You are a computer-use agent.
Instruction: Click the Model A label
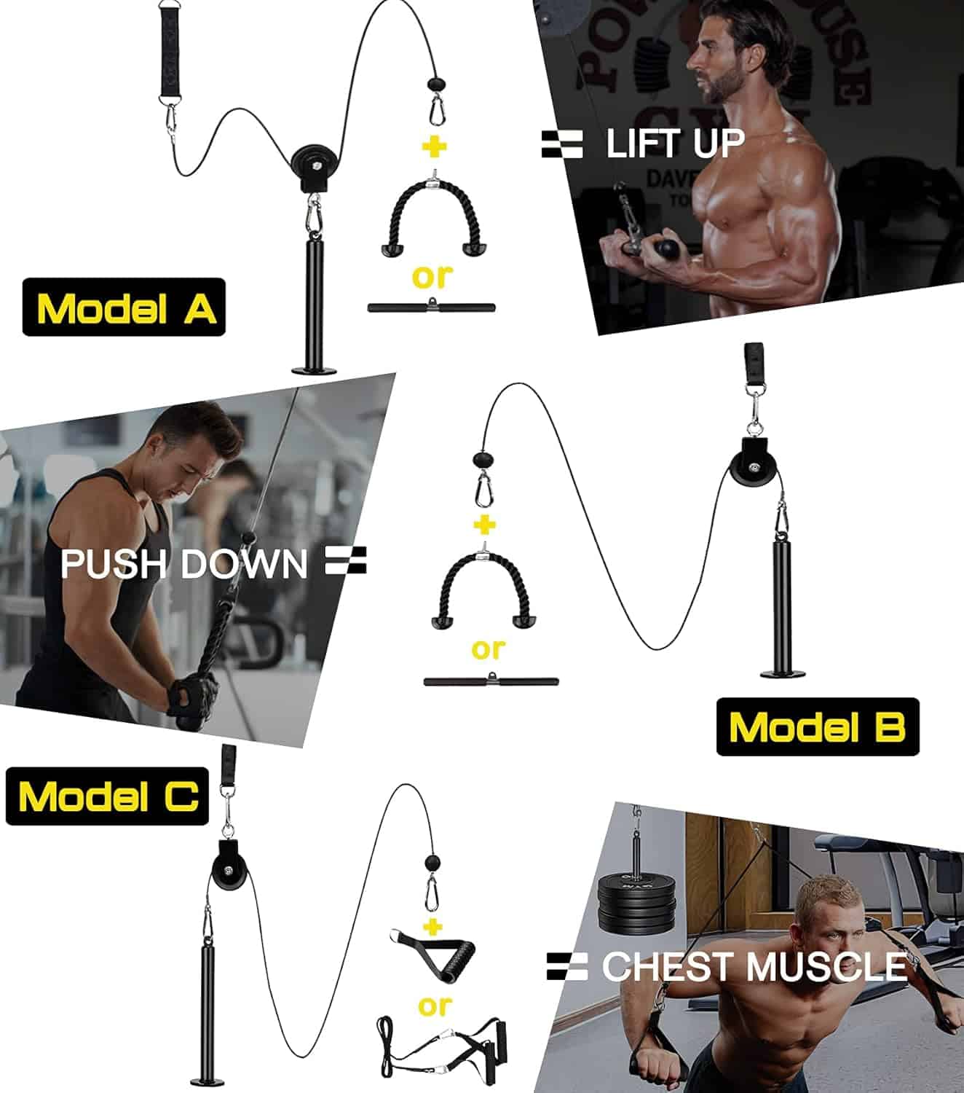[124, 307]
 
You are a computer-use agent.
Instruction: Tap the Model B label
[817, 727]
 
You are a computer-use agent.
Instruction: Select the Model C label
[108, 796]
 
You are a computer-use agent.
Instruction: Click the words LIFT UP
[674, 143]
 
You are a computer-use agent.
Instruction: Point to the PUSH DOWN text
[183, 564]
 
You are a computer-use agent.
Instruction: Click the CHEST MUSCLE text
[754, 967]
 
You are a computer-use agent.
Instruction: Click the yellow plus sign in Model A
[435, 147]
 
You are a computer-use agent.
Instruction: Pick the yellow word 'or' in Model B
[488, 648]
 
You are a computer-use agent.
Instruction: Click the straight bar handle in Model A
[431, 307]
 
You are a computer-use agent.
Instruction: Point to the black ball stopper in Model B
[482, 460]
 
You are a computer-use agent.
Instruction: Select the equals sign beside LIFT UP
[562, 144]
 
